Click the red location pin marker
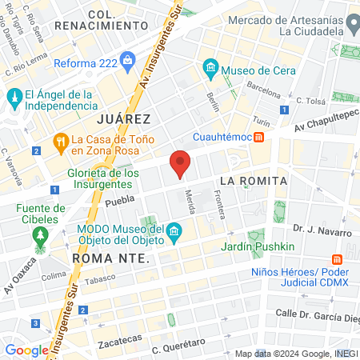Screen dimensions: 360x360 (181, 164)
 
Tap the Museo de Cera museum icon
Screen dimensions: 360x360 (211, 66)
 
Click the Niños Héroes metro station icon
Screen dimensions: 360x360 (337, 260)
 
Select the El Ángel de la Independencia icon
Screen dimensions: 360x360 (14, 98)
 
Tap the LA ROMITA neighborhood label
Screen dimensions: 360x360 (252, 181)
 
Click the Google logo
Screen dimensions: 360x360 (26, 350)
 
